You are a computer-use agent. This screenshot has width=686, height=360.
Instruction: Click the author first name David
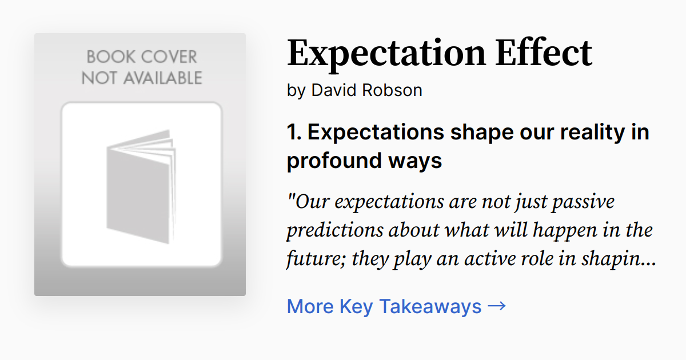332,90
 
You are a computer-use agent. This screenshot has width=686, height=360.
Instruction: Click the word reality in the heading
593,133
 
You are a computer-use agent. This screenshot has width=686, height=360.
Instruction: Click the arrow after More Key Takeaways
497,306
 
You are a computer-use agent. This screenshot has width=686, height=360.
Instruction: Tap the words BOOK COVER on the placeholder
141,57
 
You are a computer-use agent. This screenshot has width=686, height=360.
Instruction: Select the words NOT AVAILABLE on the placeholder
141,78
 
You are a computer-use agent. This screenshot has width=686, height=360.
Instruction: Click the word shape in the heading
479,133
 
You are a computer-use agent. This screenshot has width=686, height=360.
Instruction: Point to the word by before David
296,91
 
